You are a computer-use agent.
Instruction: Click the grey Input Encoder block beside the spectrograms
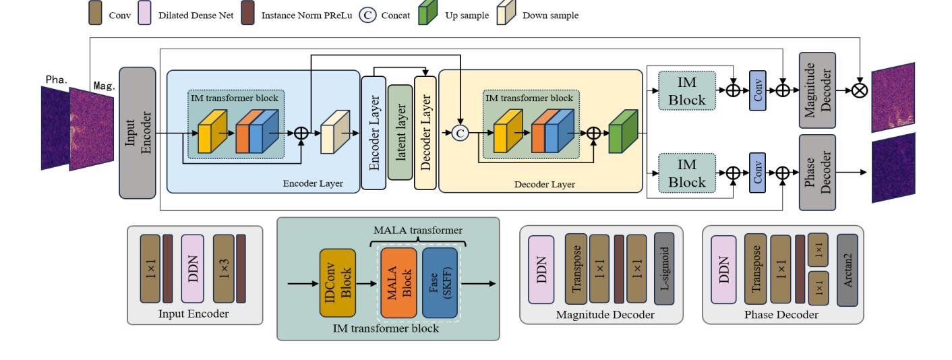click(x=137, y=133)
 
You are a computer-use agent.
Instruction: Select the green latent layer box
click(x=400, y=131)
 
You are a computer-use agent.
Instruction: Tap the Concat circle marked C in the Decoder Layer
click(x=460, y=133)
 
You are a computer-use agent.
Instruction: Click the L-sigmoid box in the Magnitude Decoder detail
click(x=663, y=268)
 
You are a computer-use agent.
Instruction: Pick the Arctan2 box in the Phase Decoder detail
click(x=847, y=268)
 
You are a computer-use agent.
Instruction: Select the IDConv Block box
click(x=337, y=283)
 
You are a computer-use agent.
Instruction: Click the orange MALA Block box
click(x=398, y=283)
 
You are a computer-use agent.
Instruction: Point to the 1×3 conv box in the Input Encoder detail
click(x=223, y=268)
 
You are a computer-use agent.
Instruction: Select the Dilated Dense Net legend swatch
click(x=144, y=15)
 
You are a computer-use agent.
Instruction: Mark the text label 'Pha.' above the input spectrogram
click(x=55, y=80)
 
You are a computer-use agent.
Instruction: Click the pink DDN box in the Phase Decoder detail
click(x=722, y=268)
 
